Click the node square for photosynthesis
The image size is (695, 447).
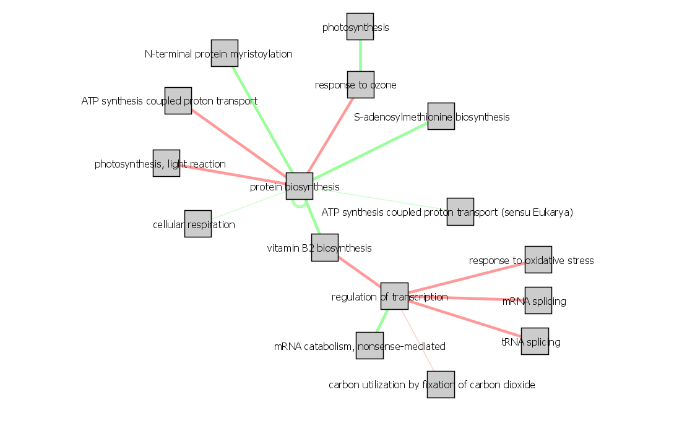(x=360, y=27)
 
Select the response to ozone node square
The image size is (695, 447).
(x=360, y=85)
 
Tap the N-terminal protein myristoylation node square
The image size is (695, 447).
(x=225, y=53)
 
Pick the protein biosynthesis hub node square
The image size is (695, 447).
(x=300, y=186)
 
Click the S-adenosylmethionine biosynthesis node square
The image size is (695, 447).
(x=441, y=116)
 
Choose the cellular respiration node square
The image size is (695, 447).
(x=198, y=224)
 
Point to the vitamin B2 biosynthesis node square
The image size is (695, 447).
(x=325, y=247)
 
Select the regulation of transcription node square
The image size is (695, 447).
(x=394, y=296)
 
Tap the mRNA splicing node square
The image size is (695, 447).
(x=538, y=300)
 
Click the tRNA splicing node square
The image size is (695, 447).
(x=535, y=341)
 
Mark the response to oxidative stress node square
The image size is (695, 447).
(x=538, y=260)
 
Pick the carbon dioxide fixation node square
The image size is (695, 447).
(x=441, y=385)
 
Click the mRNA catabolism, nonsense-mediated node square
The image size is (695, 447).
(x=369, y=346)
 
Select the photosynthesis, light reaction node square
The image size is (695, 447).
(x=166, y=163)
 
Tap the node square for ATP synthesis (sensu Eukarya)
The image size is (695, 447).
(x=460, y=211)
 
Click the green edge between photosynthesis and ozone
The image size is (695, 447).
(x=360, y=56)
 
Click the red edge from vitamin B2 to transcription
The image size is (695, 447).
(x=360, y=272)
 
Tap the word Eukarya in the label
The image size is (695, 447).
(x=551, y=213)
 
